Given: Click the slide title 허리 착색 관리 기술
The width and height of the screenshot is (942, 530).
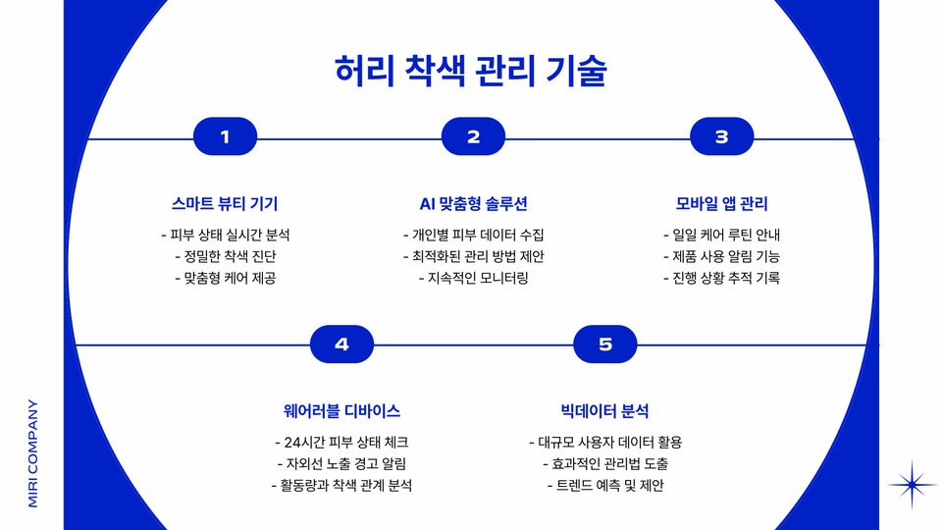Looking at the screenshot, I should point(471,72).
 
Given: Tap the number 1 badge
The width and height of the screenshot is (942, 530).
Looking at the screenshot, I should point(225,137).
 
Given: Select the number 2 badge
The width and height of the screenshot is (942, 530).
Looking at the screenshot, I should point(473,137).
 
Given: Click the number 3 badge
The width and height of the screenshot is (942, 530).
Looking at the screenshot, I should point(721,137).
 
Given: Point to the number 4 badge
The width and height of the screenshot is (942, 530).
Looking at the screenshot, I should point(341,344).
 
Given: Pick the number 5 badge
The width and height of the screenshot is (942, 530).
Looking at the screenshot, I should point(604,344).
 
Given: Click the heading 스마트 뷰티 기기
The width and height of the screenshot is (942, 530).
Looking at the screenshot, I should point(225,204).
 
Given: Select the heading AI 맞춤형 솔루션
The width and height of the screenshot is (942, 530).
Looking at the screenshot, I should point(473,204).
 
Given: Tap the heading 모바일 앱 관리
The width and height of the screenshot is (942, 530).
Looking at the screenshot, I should point(721,204).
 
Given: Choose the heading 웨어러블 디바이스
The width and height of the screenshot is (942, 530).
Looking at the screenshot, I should point(341,411).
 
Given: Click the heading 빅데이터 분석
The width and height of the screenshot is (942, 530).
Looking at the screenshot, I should point(604,411).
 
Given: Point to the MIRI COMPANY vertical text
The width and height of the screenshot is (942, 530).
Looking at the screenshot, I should point(33,452).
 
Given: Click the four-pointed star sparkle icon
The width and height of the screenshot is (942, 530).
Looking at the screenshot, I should point(913,485).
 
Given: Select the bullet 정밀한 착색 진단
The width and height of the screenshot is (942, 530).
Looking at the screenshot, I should point(225,256).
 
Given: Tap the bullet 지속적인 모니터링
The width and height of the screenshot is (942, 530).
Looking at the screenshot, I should point(473,278).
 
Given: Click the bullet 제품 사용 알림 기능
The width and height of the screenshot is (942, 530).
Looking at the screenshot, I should point(721,256).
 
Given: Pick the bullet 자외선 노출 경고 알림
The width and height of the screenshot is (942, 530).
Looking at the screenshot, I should point(341,463).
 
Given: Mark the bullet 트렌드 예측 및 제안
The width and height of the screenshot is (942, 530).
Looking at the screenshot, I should point(604,485).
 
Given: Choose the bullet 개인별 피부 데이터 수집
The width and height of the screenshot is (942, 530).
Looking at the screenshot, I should point(473,235).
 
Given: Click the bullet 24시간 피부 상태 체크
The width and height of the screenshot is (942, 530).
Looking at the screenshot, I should point(341,442).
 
